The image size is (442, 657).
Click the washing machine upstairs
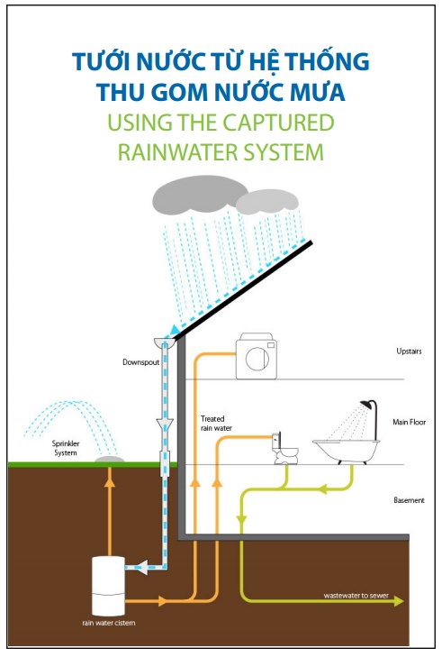click(257, 356)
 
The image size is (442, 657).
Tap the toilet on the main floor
click(285, 448)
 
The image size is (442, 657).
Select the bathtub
click(347, 452)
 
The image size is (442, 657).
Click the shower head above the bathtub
click(367, 405)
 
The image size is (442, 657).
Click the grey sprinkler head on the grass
click(109, 460)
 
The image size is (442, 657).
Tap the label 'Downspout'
click(140, 362)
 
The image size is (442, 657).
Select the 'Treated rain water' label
click(216, 424)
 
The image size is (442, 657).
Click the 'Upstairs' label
click(409, 351)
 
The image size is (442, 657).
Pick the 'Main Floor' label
click(409, 422)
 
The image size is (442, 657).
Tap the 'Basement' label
click(409, 500)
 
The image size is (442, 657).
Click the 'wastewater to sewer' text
click(356, 596)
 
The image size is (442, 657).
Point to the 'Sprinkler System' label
click(66, 448)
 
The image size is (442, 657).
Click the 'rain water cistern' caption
click(108, 623)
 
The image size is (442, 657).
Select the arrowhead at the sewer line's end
click(399, 601)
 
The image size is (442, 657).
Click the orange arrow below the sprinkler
click(109, 511)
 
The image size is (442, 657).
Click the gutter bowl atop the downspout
click(166, 342)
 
